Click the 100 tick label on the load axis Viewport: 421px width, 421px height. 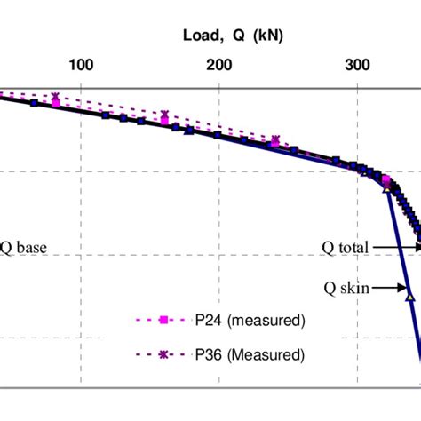coord(82,64)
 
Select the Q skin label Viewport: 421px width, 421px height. coord(347,287)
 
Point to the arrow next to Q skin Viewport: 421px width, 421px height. coord(393,287)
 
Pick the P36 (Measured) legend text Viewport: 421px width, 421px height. coord(250,354)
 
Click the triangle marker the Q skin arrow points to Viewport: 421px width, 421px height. coord(409,298)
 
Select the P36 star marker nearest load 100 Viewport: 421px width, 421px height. coord(55,97)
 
